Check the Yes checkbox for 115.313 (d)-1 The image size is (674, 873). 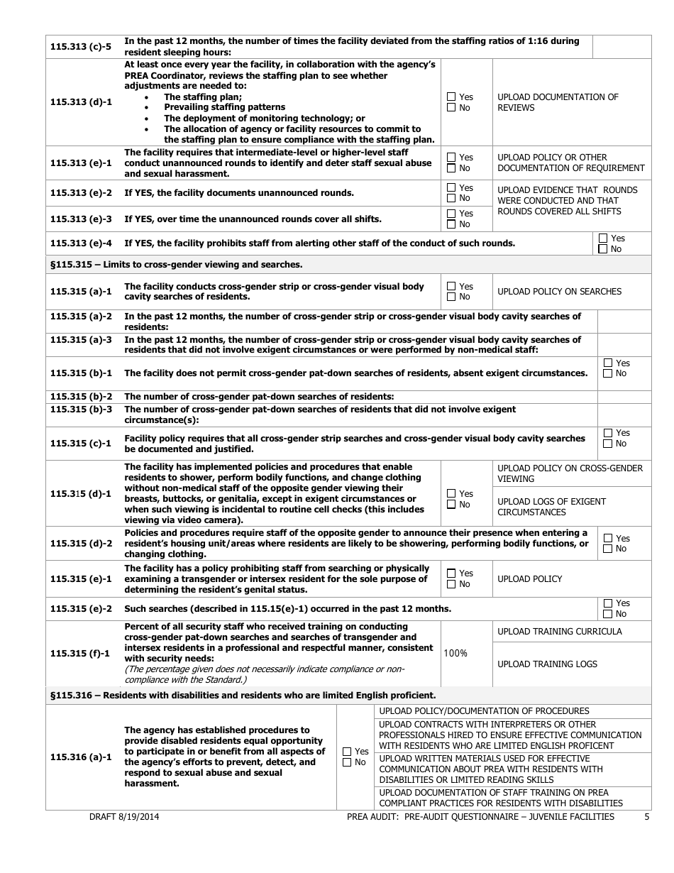click(451, 97)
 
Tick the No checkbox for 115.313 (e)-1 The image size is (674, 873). click(451, 168)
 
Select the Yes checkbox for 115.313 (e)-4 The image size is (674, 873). click(603, 238)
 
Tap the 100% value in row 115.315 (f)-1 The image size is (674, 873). click(455, 653)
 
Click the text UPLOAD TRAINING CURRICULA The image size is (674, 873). click(559, 632)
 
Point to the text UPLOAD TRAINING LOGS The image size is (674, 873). click(547, 664)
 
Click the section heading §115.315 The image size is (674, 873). click(176, 265)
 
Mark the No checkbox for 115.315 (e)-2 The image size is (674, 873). click(607, 614)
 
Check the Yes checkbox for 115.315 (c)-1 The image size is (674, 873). click(607, 433)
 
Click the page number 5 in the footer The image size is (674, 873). click(646, 817)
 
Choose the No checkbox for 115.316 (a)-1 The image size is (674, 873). click(347, 762)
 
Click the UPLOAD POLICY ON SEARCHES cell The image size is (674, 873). click(559, 292)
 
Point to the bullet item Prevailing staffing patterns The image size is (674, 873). click(214, 107)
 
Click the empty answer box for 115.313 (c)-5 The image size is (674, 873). click(621, 47)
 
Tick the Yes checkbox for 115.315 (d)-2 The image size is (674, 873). click(607, 539)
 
